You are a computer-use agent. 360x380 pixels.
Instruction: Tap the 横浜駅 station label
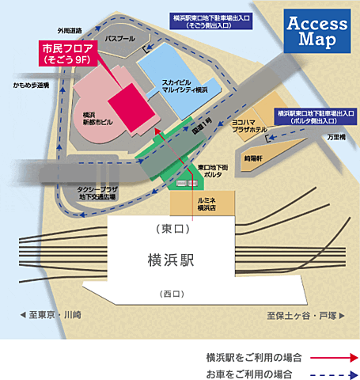[171, 260]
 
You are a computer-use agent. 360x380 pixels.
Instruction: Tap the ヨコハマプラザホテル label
[248, 128]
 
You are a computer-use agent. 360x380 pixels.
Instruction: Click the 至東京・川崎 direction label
[40, 315]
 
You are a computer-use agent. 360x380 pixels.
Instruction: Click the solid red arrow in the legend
[328, 356]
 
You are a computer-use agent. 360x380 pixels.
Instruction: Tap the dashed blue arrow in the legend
[328, 372]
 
